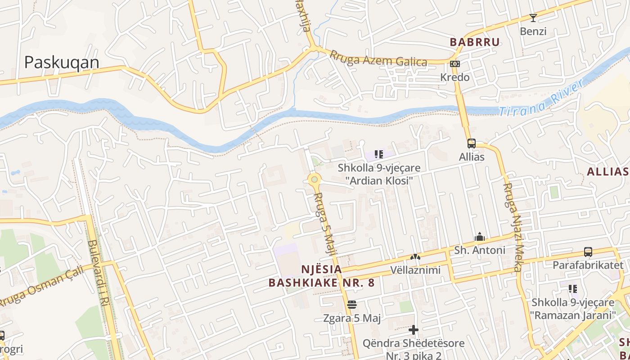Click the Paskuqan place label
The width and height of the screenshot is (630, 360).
[x=62, y=62]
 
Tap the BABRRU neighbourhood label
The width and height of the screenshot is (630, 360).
[x=475, y=42]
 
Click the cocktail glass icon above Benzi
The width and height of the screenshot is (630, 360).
[x=533, y=18]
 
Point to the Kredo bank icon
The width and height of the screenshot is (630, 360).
[x=455, y=64]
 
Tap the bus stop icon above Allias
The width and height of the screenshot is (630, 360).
[x=471, y=144]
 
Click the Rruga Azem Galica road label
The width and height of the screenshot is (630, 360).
[x=378, y=58]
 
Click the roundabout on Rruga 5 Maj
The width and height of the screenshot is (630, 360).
[x=314, y=180]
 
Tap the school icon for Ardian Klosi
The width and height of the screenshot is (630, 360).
[x=378, y=154]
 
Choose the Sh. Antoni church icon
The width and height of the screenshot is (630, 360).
[x=480, y=237]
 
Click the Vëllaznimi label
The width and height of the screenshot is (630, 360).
[x=415, y=270]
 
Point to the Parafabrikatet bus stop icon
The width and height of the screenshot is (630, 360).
[x=588, y=252]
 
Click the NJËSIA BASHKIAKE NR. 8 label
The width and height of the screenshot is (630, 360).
[x=321, y=276]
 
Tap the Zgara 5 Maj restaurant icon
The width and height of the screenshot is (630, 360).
[x=352, y=305]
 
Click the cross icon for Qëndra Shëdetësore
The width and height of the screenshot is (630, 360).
[x=413, y=330]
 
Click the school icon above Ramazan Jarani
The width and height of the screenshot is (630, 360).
[x=572, y=288]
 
